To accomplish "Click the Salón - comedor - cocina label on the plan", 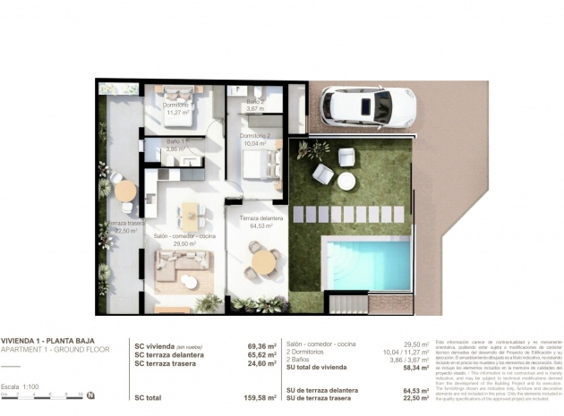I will [184, 237].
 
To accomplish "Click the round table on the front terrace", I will [263, 261].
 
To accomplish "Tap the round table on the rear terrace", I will [125, 191].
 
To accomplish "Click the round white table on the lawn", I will [346, 182].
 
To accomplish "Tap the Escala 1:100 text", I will [21, 386].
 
